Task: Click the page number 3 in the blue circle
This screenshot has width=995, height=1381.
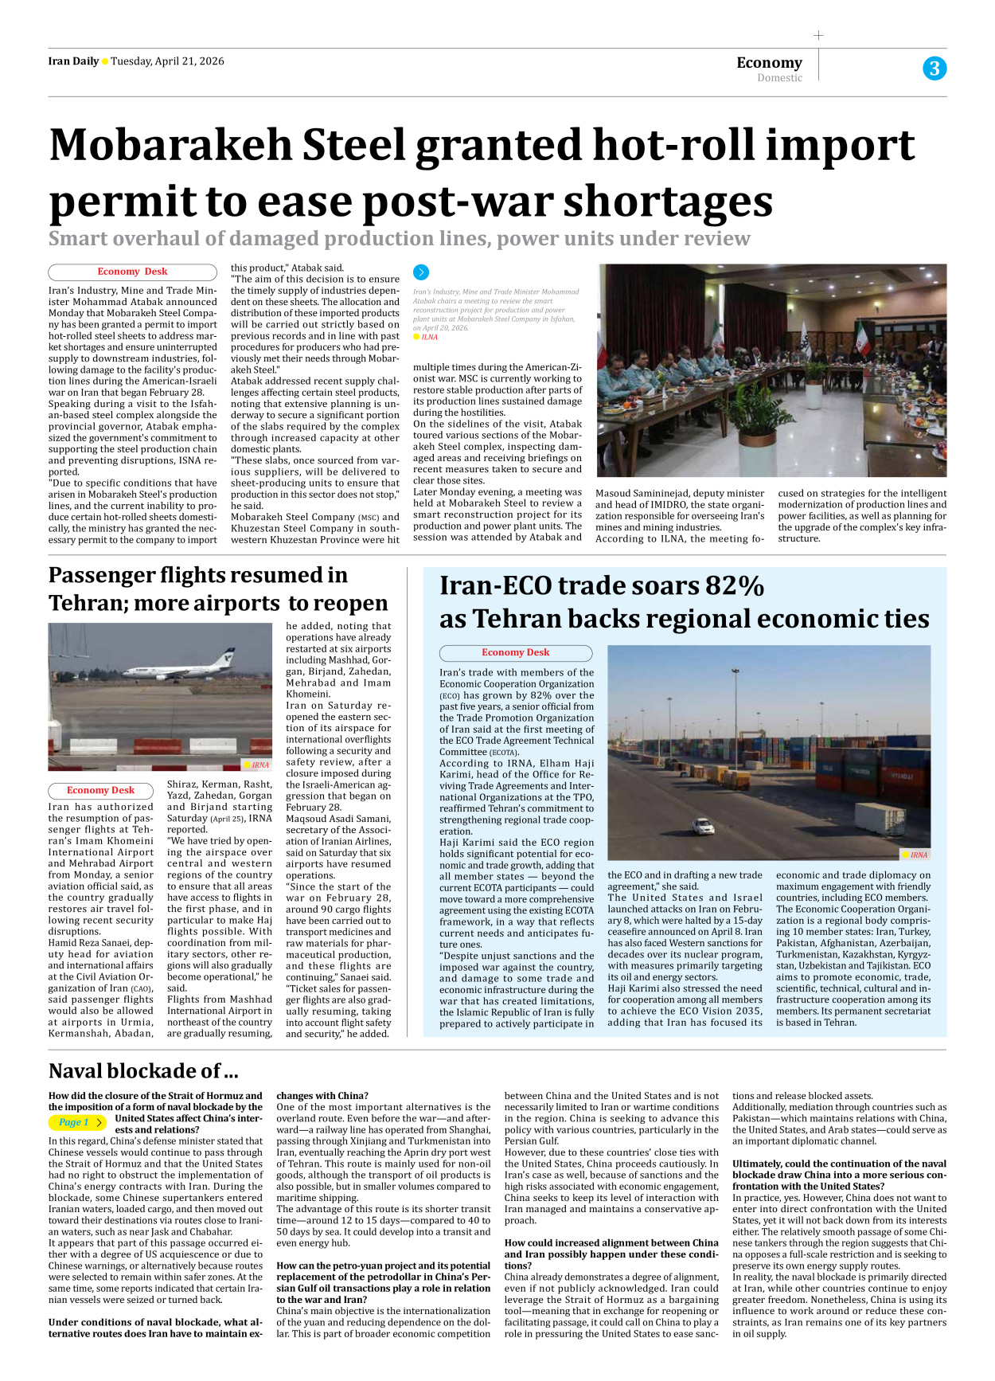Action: tap(934, 68)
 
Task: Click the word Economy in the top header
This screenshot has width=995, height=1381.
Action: tap(769, 62)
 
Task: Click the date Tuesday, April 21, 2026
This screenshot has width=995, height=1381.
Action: tap(167, 61)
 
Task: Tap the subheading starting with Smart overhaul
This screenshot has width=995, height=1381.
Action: tap(399, 238)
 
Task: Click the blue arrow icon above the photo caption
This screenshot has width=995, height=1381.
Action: tap(421, 272)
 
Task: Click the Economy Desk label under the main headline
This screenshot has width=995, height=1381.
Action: tap(132, 272)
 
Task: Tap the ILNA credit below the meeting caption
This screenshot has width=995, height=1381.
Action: tap(429, 337)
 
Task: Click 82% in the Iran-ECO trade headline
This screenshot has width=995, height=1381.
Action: tap(734, 585)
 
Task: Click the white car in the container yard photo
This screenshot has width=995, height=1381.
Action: tap(703, 827)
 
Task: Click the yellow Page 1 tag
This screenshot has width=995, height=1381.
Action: tap(76, 1122)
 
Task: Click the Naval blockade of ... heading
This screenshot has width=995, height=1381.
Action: tap(143, 1070)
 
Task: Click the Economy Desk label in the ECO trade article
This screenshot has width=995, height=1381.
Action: tap(515, 652)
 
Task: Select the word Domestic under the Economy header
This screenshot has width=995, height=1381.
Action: tap(779, 78)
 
